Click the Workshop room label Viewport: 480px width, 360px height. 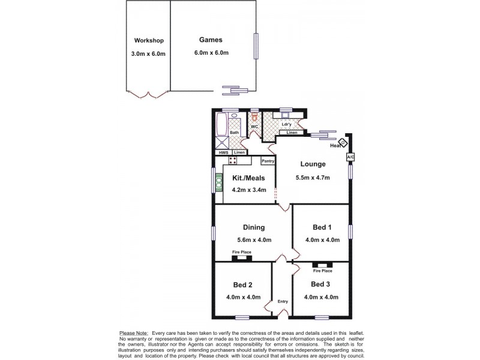click(149, 41)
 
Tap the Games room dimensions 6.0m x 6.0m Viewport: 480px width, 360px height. click(211, 53)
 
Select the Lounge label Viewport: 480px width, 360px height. click(313, 164)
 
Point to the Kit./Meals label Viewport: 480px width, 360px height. click(248, 178)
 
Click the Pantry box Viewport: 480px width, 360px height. click(268, 161)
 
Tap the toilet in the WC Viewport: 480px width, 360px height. click(255, 117)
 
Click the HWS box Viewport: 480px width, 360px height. click(224, 152)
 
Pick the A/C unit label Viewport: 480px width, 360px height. click(350, 157)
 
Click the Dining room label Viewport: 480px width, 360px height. click(254, 227)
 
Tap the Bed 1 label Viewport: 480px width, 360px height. click(322, 227)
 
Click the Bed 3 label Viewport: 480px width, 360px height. click(321, 284)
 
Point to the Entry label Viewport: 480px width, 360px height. click(283, 302)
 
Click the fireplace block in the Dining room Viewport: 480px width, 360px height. click(242, 258)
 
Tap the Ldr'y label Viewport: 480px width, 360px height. click(287, 124)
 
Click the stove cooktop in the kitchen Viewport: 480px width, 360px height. click(232, 160)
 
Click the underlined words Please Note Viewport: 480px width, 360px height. click(134, 332)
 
